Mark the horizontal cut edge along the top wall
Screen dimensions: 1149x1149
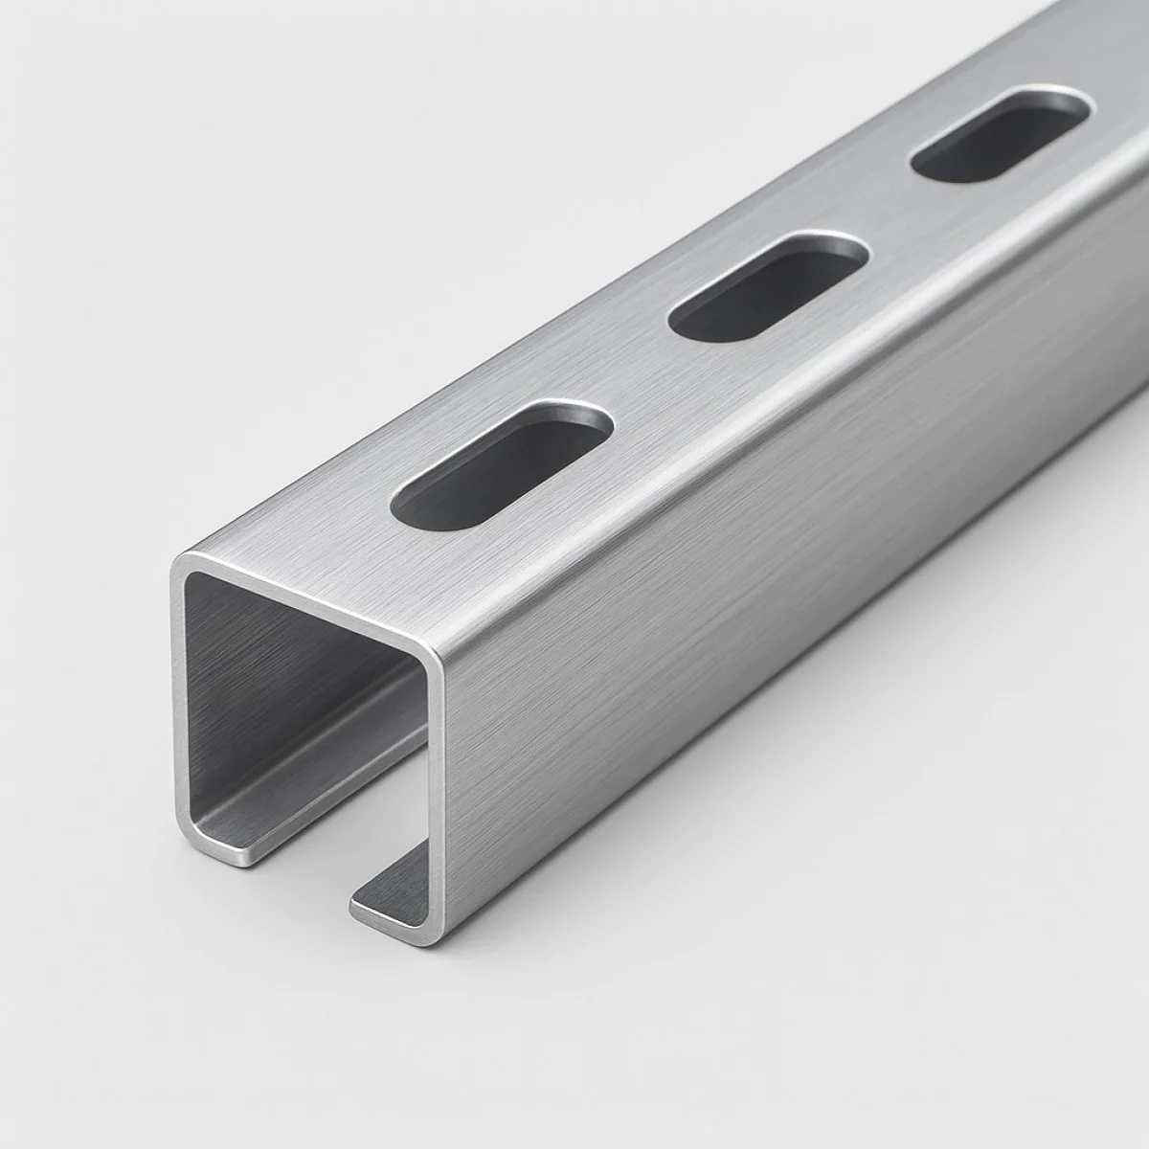(x=306, y=604)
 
